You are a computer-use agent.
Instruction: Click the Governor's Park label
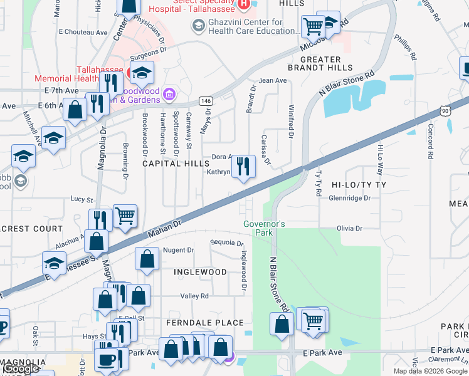[x=264, y=228]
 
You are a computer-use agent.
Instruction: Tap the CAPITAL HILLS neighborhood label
[x=176, y=163]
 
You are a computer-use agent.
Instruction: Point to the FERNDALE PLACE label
[x=205, y=323]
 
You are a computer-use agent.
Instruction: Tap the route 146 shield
[x=205, y=101]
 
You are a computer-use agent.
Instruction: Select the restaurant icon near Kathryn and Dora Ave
[x=243, y=167]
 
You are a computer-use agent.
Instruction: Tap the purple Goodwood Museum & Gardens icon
[x=168, y=95]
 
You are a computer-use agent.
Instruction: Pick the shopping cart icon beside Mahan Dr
[x=125, y=216]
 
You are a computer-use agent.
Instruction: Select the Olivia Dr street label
[x=350, y=229]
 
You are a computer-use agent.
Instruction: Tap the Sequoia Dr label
[x=226, y=243]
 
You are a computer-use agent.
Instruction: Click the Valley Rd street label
[x=194, y=296]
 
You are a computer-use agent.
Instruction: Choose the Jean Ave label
[x=273, y=80]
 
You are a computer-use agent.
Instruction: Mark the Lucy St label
[x=82, y=200]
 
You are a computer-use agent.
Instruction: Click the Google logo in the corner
[x=20, y=369]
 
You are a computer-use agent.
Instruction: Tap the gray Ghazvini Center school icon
[x=199, y=26]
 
